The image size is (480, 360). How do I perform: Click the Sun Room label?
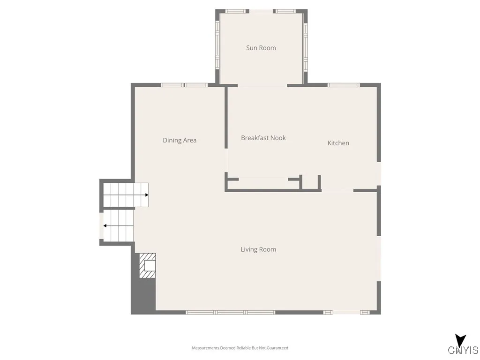click(261, 48)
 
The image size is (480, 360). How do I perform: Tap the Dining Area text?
click(180, 140)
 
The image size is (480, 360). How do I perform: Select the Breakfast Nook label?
click(263, 138)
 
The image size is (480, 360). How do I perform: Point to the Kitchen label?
click(338, 143)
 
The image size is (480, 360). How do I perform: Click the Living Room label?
click(258, 249)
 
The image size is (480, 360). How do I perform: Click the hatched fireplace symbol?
click(147, 265)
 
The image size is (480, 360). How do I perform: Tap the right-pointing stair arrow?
click(146, 195)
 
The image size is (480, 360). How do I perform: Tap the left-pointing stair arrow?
click(105, 225)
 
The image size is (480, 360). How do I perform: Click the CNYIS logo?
click(463, 347)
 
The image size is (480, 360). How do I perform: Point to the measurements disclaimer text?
click(240, 348)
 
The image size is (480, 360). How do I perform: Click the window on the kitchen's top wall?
click(343, 85)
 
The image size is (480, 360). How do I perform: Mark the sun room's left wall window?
click(217, 46)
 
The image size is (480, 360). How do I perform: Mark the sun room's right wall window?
click(305, 46)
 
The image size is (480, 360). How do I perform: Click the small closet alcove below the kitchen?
click(310, 182)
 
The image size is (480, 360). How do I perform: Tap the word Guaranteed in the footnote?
click(278, 348)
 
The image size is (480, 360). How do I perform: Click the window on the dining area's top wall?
click(184, 85)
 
